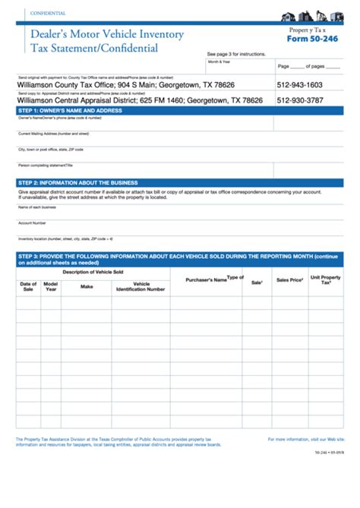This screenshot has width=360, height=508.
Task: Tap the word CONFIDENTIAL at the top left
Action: (47, 14)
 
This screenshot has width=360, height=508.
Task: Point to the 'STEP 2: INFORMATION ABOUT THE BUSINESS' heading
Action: (77, 183)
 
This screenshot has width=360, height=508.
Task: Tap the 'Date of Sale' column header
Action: (28, 286)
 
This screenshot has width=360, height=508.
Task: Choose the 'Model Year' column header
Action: (51, 286)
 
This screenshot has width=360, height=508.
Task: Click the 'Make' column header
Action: (87, 286)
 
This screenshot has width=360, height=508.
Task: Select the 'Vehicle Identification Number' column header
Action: (140, 286)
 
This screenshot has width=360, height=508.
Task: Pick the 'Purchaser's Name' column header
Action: (206, 279)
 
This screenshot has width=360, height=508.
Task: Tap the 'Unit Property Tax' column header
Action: (326, 280)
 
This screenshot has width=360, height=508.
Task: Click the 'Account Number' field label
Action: (33, 223)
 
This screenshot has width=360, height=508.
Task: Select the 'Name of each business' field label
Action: (38, 207)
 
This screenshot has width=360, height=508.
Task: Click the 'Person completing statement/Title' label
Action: (46, 165)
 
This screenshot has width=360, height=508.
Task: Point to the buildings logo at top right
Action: (312, 17)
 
